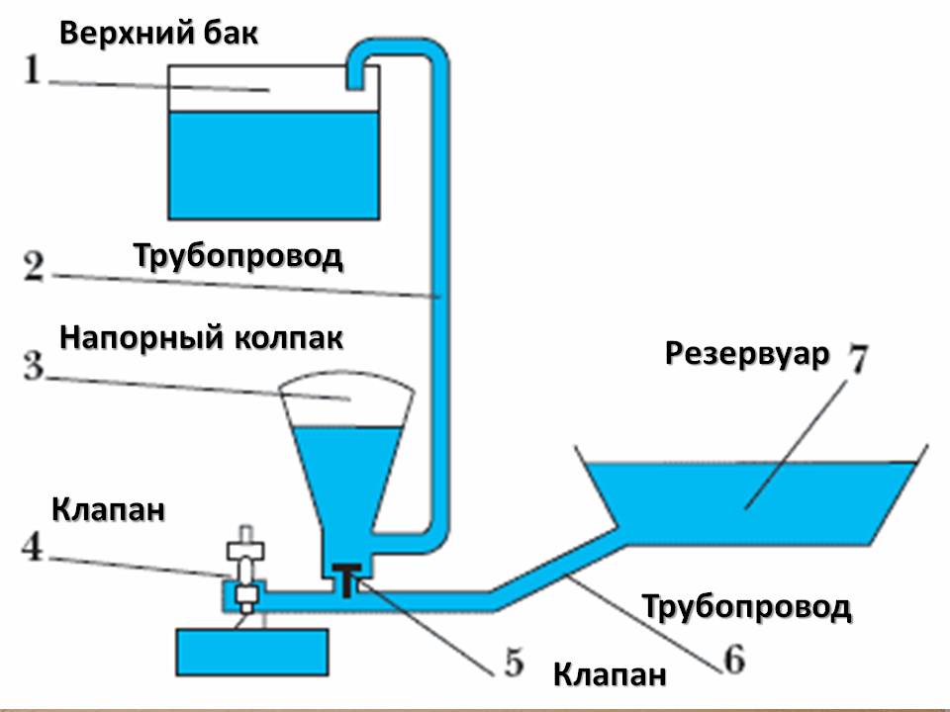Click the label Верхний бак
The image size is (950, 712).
point(158,33)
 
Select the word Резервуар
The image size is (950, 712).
point(745,353)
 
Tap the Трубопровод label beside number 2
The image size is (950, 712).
point(237,256)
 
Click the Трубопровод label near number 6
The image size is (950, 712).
point(746,605)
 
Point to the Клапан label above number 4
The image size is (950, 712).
point(107,510)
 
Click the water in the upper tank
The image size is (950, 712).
point(274,163)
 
